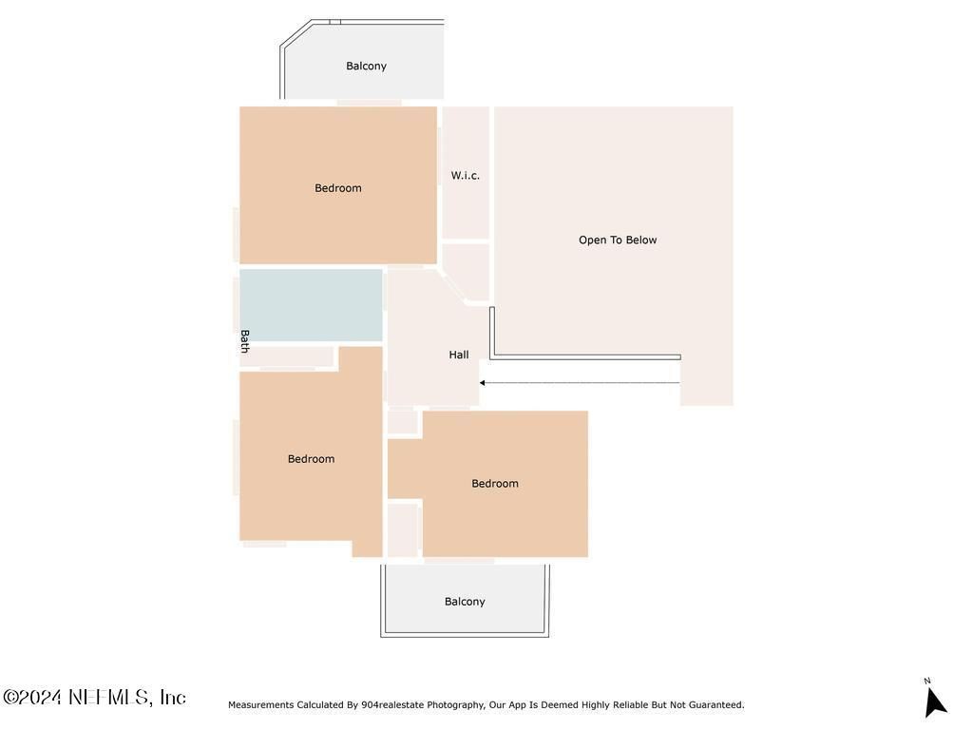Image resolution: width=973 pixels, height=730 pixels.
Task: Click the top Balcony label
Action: [366, 66]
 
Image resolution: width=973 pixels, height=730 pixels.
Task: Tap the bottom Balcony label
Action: [465, 602]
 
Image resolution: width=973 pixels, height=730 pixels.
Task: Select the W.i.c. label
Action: [466, 176]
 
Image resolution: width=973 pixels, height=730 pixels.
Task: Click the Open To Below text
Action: [618, 240]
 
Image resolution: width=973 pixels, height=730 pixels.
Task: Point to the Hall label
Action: [459, 355]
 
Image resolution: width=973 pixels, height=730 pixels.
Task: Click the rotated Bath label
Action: [244, 341]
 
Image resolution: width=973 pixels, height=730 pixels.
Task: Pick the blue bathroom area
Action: [311, 305]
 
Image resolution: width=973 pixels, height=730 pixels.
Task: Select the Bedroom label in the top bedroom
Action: [338, 188]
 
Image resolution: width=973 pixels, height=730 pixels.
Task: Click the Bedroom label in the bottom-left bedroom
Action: [311, 459]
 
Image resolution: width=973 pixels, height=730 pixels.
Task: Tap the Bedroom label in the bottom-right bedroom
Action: [494, 484]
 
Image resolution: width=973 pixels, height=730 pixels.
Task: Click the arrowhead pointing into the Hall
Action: [482, 383]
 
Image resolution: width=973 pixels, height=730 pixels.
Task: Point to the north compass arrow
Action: [935, 702]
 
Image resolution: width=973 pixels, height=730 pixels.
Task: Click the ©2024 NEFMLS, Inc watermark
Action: [94, 697]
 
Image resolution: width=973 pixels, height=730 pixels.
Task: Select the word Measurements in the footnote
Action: [260, 704]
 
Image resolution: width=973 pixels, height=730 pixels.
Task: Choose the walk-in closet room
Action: [466, 173]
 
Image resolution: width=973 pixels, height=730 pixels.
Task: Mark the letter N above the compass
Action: [927, 681]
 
